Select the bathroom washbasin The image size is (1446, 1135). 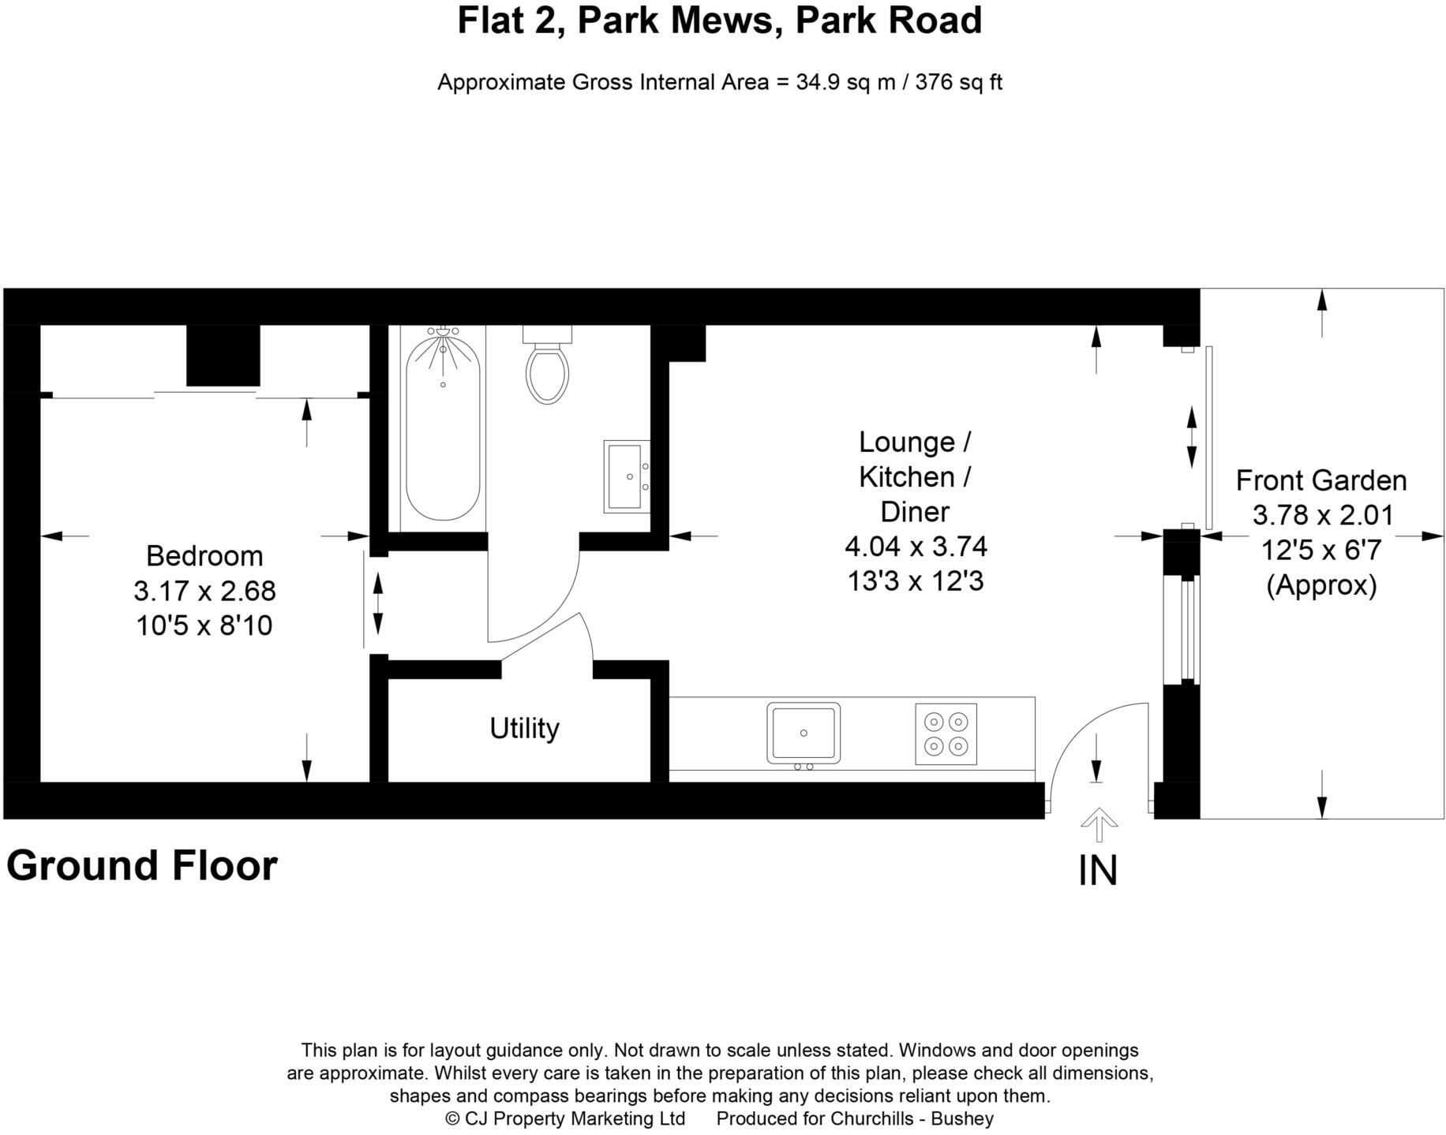pyautogui.click(x=626, y=476)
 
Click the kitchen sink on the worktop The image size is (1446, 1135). pyautogui.click(x=804, y=733)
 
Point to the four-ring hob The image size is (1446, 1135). pyautogui.click(x=946, y=734)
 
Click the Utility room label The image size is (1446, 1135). pyautogui.click(x=524, y=728)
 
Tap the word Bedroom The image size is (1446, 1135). pyautogui.click(x=204, y=556)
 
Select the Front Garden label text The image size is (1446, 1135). pyautogui.click(x=1321, y=480)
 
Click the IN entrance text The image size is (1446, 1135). pyautogui.click(x=1098, y=872)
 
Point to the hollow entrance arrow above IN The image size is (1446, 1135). pyautogui.click(x=1098, y=825)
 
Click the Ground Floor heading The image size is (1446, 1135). pyautogui.click(x=142, y=865)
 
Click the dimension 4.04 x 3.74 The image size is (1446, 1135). pyautogui.click(x=916, y=546)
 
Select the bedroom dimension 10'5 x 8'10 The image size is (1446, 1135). pyautogui.click(x=204, y=625)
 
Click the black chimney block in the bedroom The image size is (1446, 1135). pyautogui.click(x=223, y=355)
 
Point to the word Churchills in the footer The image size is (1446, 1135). pyautogui.click(x=876, y=1118)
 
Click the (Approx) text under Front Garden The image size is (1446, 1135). pyautogui.click(x=1321, y=585)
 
